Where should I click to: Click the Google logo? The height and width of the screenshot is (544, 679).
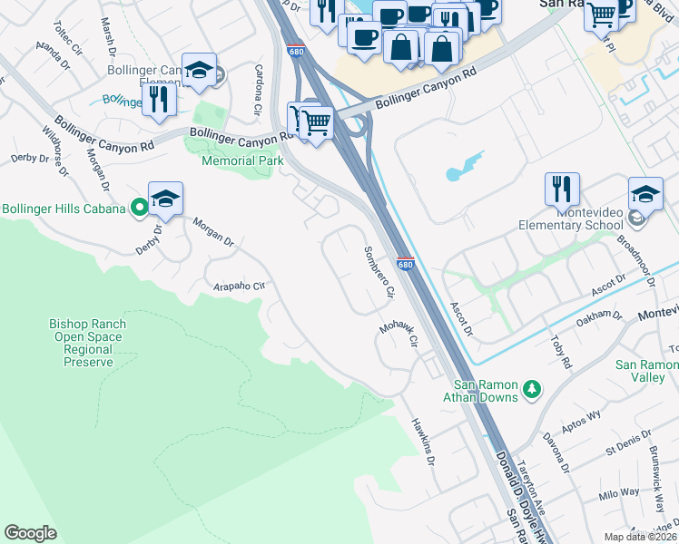click(31, 533)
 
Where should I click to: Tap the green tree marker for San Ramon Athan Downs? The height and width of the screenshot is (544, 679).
click(532, 390)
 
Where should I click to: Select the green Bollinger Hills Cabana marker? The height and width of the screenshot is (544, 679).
click(139, 209)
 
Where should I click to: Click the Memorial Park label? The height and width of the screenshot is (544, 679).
click(242, 160)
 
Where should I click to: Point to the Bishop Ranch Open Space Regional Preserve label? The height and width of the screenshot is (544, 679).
click(87, 343)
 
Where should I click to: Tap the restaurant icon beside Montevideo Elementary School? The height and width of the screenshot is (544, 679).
click(562, 189)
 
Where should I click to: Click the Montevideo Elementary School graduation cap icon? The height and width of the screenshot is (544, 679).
click(645, 194)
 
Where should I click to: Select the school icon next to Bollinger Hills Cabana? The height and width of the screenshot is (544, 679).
click(165, 199)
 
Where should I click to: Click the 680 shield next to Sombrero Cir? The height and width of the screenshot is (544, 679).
click(405, 265)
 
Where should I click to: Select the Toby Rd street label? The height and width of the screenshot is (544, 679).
click(561, 350)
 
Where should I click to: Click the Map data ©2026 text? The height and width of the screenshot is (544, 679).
click(640, 537)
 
